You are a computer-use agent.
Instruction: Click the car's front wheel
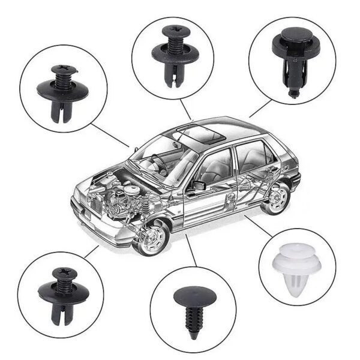(151, 237)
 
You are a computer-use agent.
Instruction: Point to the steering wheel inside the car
(157, 161)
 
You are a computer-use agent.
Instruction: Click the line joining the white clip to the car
(258, 227)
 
